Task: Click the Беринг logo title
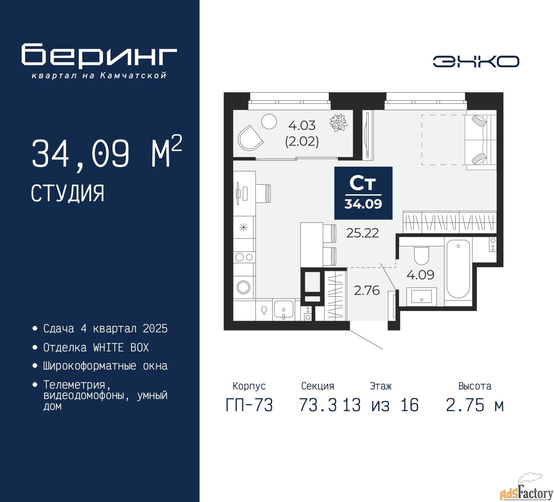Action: point(99,55)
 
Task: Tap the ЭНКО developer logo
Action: point(476,61)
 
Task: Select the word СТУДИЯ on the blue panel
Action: point(68,193)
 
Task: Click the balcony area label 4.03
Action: point(302,125)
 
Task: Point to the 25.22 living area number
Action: point(362,233)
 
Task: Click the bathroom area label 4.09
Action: point(420,275)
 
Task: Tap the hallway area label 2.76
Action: point(367,290)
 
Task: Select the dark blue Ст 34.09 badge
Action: point(363,193)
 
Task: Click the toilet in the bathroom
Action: point(421,255)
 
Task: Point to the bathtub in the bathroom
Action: point(458,269)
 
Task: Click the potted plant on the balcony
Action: point(338,122)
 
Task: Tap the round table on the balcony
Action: point(269,122)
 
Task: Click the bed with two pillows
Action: point(481,140)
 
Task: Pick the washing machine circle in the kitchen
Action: point(243,287)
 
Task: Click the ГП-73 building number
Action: point(249,405)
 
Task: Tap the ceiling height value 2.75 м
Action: point(475,405)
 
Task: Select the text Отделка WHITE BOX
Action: point(96,348)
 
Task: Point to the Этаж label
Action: point(380,386)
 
